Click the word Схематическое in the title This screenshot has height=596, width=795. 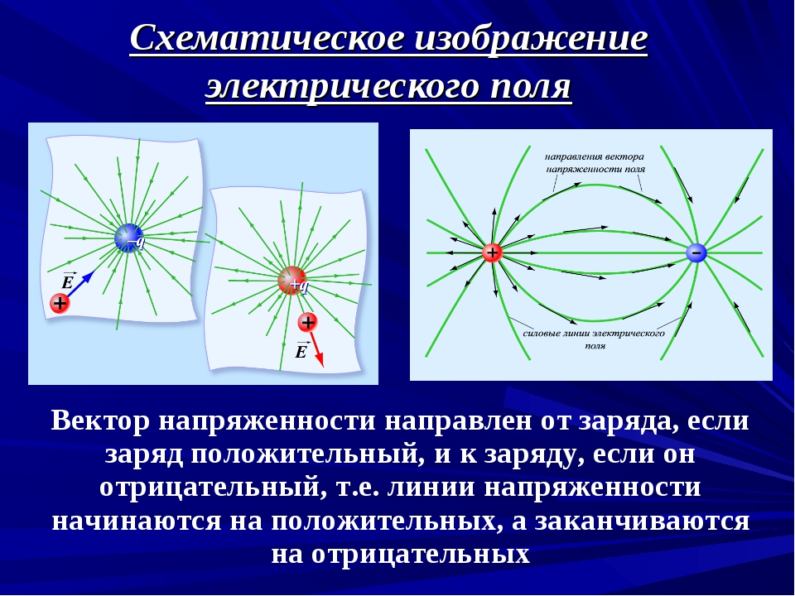(267, 39)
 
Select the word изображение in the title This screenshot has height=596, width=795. (532, 39)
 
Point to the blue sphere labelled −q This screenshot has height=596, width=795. (129, 238)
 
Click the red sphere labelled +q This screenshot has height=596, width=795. (292, 281)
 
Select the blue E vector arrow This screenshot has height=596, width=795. (80, 284)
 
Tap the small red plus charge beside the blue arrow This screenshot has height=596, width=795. (60, 304)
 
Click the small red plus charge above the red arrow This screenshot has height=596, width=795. (307, 322)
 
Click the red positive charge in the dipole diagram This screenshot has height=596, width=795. (492, 252)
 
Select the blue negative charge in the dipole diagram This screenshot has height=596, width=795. (696, 252)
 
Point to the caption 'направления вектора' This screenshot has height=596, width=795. (595, 157)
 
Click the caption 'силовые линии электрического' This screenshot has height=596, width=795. (594, 334)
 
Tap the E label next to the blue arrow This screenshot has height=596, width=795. (67, 281)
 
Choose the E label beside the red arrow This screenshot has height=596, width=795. (301, 350)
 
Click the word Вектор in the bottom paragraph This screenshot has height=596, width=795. (100, 421)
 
